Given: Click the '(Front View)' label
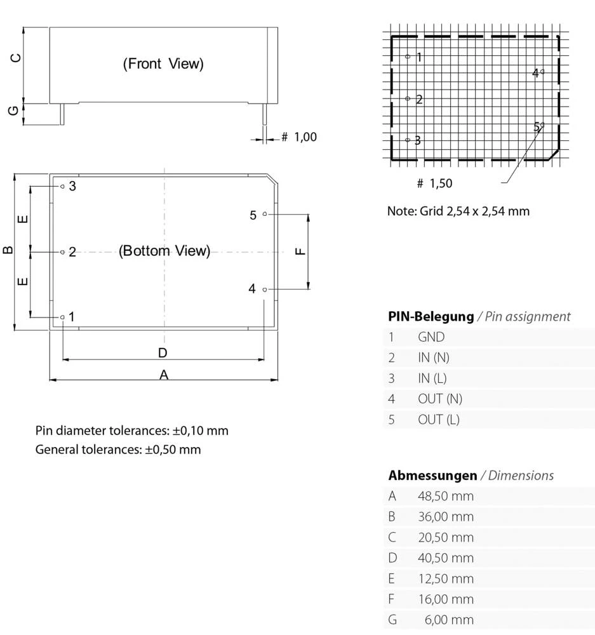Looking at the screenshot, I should coord(163,63).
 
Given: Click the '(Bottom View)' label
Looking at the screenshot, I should coord(164,251).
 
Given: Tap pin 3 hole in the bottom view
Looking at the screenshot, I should coord(62,186).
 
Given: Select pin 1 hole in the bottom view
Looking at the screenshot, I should coord(62,317).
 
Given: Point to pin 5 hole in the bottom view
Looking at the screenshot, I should coord(265,215).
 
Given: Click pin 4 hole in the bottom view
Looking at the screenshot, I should coord(265,290).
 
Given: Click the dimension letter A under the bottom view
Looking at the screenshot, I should coord(164,375).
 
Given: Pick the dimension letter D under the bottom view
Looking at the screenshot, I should coord(163,353).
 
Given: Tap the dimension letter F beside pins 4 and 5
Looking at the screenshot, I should coord(301,251).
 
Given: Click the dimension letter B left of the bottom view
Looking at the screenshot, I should coord(8,250).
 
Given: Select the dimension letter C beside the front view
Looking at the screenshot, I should coord(17,58).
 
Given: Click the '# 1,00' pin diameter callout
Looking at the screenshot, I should coord(298,137).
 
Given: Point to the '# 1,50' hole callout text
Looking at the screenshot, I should coord(434,184).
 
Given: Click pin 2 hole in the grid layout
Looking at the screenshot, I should coord(408,98).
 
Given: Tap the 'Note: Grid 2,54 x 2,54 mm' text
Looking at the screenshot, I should coord(458,211).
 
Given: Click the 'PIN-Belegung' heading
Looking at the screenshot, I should coord(431,316).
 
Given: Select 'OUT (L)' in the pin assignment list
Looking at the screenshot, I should coord(438,419).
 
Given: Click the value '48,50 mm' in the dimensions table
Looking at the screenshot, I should coord(445,496).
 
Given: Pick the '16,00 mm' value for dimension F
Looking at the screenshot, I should coord(445,599).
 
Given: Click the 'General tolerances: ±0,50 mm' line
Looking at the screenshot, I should coord(118,450).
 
